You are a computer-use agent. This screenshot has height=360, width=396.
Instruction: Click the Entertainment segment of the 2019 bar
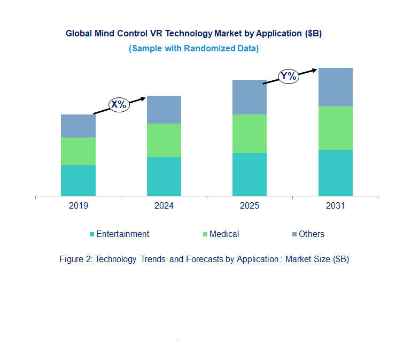click(78, 180)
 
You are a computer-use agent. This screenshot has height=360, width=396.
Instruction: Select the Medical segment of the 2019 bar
click(78, 151)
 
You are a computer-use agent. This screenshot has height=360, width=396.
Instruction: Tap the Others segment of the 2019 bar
click(78, 126)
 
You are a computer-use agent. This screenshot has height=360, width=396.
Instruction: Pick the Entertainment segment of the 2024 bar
click(164, 176)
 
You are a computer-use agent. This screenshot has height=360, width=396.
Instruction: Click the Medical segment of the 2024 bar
click(164, 140)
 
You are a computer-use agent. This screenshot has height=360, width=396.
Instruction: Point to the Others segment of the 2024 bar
click(164, 110)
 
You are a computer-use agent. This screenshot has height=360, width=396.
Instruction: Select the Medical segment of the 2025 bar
click(250, 134)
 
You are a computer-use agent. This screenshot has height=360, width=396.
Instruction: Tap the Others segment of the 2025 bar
click(250, 97)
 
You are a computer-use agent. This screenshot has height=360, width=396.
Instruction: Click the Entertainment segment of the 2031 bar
click(336, 172)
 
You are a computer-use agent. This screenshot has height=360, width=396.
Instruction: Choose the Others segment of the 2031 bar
click(336, 87)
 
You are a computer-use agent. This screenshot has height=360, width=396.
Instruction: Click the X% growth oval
click(119, 105)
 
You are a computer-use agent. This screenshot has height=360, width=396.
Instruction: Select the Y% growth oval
click(288, 76)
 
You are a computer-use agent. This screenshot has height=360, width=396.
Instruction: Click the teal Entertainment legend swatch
click(92, 234)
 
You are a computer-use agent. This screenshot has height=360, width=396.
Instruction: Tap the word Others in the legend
click(311, 234)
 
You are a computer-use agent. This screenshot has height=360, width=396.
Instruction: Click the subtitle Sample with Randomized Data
click(193, 48)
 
